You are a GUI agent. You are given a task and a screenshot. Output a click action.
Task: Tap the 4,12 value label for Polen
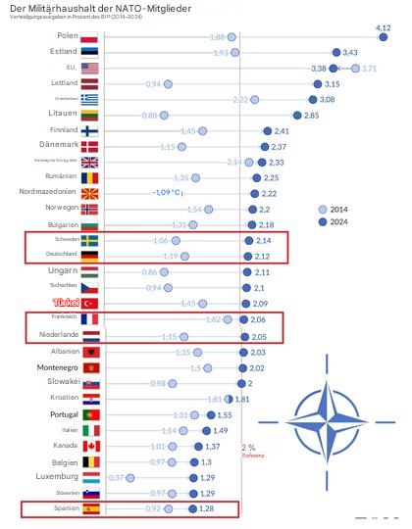coord(384,28)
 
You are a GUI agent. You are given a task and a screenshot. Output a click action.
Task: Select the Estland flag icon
coord(90,52)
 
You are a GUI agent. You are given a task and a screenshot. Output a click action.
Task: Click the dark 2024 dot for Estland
coord(335,52)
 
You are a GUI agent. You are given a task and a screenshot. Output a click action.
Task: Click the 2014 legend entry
coord(336,209)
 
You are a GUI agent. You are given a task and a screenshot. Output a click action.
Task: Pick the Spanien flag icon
coord(90,509)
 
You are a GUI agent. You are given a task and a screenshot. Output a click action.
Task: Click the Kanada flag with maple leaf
coord(90,446)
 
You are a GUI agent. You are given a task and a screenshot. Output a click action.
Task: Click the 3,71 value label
coord(369,69)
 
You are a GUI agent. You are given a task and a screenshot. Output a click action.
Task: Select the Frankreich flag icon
coord(90,319)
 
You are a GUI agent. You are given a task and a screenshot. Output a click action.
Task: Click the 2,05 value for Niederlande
coord(258,336)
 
